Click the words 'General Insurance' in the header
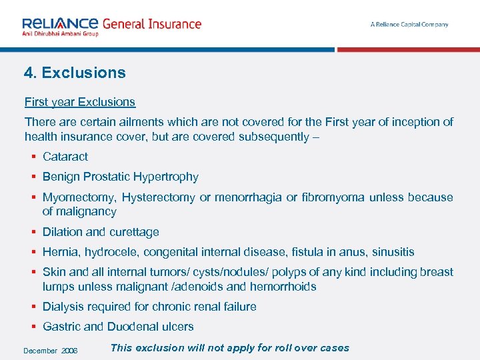pyautogui.click(x=151, y=24)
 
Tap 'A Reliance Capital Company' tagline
pyautogui.click(x=409, y=25)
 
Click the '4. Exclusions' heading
pyautogui.click(x=75, y=73)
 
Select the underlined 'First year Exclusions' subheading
pyautogui.click(x=80, y=102)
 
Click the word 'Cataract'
pyautogui.click(x=65, y=157)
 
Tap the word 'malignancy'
pyautogui.click(x=88, y=211)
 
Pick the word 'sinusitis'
pyautogui.click(x=393, y=252)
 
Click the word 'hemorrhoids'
pyautogui.click(x=283, y=287)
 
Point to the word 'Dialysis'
pyautogui.click(x=63, y=307)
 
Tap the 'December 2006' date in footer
pyautogui.click(x=51, y=351)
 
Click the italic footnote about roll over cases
pyautogui.click(x=229, y=347)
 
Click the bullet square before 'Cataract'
pyautogui.click(x=32, y=157)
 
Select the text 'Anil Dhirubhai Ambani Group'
pyautogui.click(x=61, y=33)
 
